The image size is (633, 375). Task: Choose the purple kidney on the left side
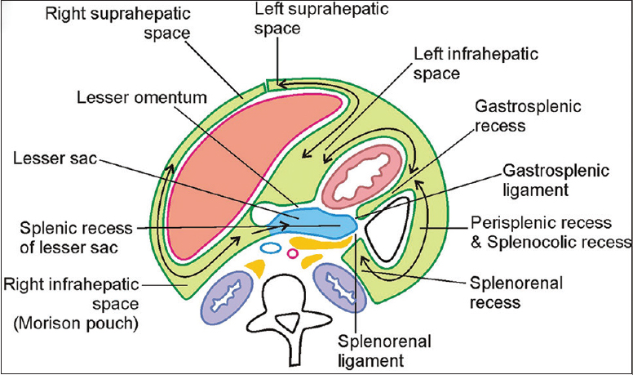(x=230, y=292)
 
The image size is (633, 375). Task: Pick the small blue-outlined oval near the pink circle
(x=270, y=246)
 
